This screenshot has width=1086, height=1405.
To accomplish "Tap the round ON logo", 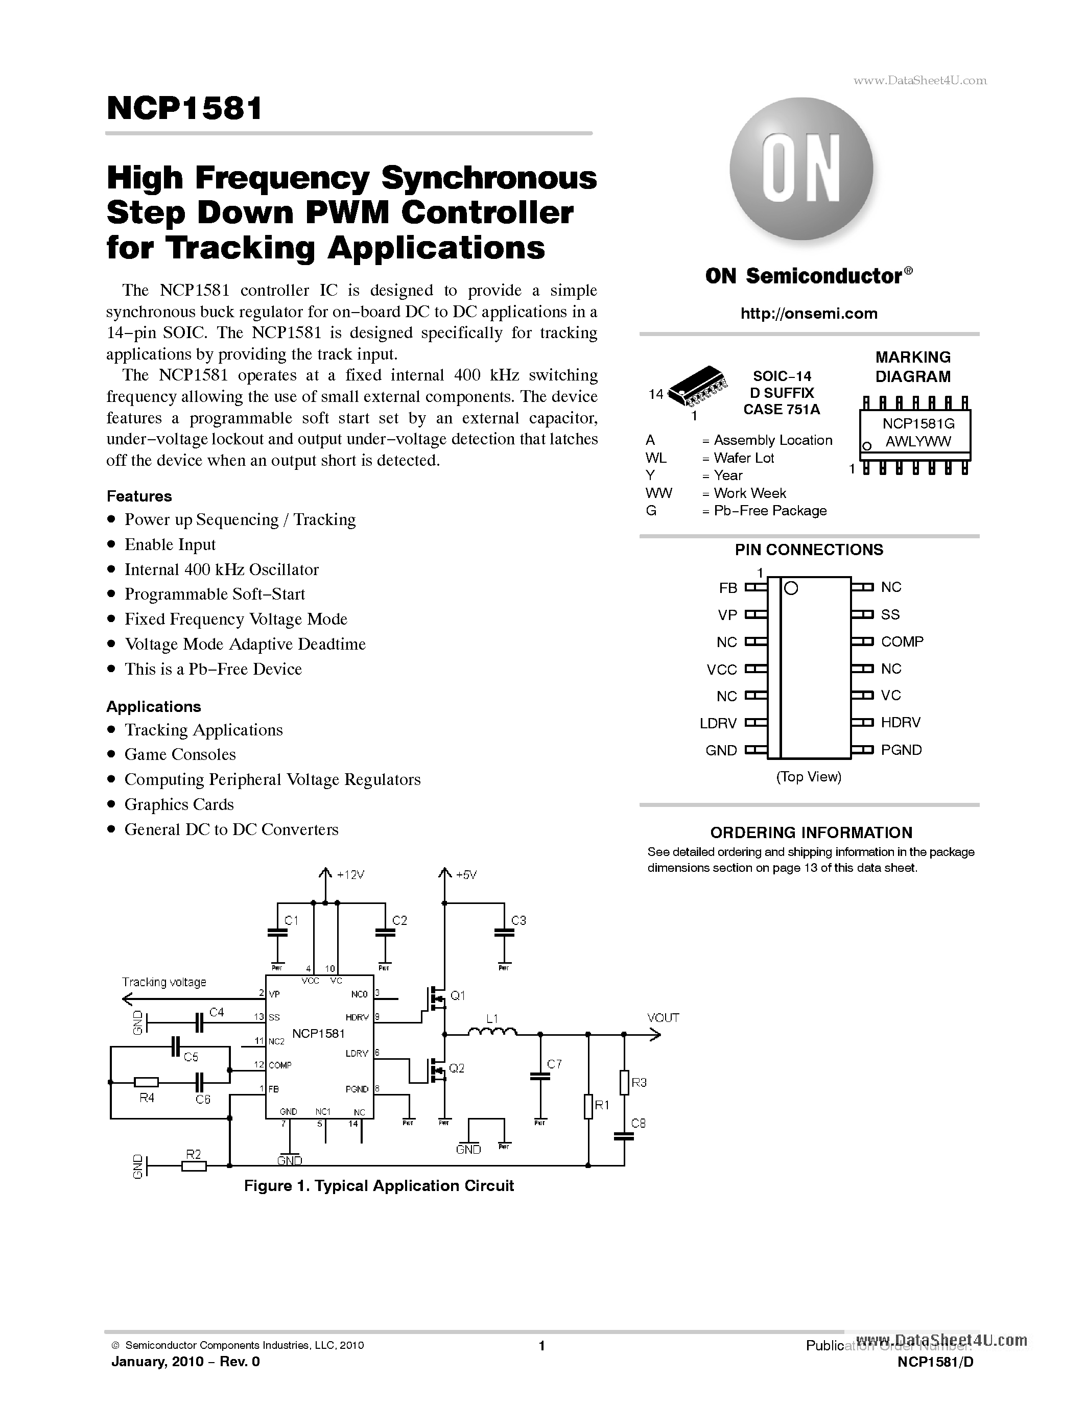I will tap(801, 169).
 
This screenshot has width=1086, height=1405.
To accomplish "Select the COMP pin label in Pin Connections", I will tap(902, 641).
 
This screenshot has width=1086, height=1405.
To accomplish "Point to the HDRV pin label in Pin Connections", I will tap(900, 723).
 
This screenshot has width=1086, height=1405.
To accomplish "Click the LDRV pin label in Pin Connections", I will tap(718, 723).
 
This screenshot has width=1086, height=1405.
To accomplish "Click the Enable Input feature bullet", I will tap(170, 544).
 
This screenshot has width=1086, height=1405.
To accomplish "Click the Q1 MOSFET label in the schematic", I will tap(457, 995).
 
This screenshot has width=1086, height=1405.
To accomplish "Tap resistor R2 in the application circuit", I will tap(194, 1164).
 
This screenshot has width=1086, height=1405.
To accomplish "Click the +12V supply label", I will tap(350, 875).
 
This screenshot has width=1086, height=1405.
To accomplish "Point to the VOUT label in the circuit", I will tap(663, 1018).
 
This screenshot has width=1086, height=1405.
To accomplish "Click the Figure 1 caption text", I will tap(379, 1185).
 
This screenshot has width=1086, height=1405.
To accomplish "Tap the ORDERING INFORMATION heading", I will tap(811, 832).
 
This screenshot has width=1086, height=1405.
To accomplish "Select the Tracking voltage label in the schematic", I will tap(164, 982).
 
